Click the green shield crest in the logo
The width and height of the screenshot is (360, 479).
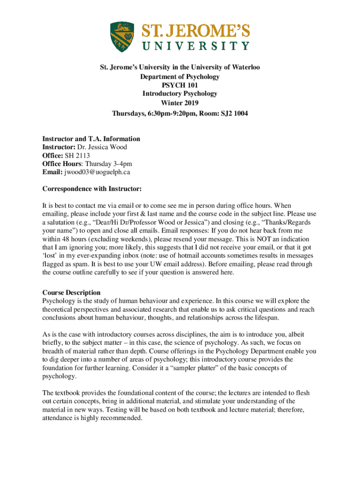[124, 36]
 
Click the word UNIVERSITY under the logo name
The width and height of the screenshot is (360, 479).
[195, 46]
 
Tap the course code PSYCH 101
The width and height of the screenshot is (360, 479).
[180, 85]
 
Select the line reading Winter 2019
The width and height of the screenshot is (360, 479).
[180, 103]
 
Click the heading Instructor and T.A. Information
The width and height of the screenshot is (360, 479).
[91, 139]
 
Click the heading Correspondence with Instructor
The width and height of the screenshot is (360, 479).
[92, 189]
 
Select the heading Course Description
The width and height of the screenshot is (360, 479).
[71, 292]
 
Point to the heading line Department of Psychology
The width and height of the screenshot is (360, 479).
[180, 77]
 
